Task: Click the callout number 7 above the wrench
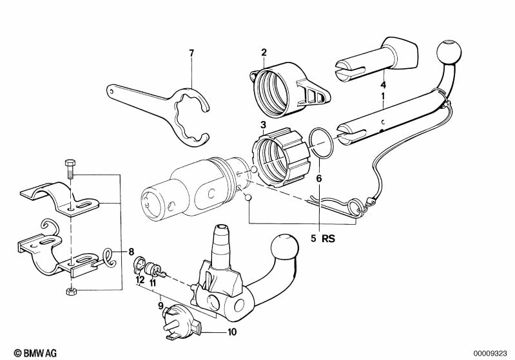[191, 53]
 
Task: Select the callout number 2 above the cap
[264, 52]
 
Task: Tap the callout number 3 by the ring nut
[263, 125]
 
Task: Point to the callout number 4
[383, 85]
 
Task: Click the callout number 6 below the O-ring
[319, 178]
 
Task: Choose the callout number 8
[131, 252]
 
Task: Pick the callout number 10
[232, 332]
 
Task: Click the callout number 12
[141, 280]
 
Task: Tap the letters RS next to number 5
[329, 238]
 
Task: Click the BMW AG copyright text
[35, 353]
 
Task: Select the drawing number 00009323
[490, 354]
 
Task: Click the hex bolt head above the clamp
[70, 163]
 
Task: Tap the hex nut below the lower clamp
[70, 291]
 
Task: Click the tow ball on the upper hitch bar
[449, 52]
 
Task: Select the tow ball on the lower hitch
[284, 249]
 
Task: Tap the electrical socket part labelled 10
[180, 321]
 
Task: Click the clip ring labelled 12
[139, 265]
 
